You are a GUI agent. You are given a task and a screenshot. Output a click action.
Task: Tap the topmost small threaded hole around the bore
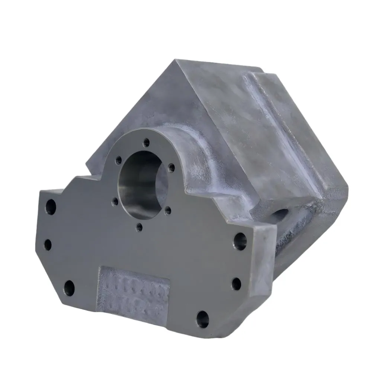(147, 142)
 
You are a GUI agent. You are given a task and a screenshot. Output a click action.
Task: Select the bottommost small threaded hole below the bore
(139, 226)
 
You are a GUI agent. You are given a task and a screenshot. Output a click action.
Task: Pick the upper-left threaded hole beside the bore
(119, 160)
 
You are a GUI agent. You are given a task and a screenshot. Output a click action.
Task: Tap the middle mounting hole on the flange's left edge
(48, 244)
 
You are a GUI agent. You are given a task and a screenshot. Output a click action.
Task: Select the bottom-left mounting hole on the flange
(69, 287)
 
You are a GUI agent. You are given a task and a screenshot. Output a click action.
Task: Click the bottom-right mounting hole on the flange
(203, 319)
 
